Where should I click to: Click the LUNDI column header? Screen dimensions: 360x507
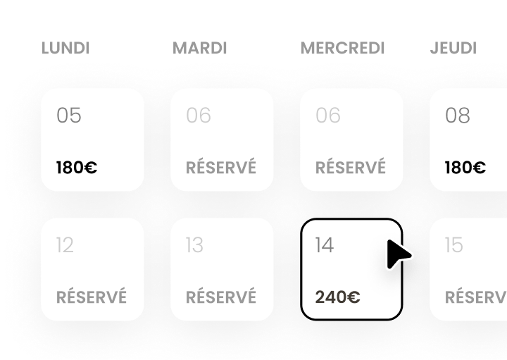[x=65, y=49]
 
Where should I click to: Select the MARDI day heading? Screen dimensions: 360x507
[x=200, y=49]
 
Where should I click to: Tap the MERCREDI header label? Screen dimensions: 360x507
[x=343, y=49]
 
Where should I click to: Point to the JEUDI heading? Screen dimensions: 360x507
[x=453, y=49]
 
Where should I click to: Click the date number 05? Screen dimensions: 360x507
[x=69, y=116]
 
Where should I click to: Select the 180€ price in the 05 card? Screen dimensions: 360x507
[x=77, y=168]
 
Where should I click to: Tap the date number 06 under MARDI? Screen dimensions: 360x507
[x=199, y=116]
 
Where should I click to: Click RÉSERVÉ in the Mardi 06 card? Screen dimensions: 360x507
[x=221, y=168]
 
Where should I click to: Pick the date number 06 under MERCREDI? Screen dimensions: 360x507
[x=328, y=116]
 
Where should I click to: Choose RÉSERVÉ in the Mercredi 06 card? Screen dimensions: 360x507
[x=351, y=168]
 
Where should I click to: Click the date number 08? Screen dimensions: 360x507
[x=458, y=116]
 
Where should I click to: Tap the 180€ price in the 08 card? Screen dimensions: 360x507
[x=465, y=168]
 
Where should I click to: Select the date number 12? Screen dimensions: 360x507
[x=65, y=245]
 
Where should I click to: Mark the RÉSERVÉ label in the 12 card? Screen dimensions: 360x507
[x=92, y=297]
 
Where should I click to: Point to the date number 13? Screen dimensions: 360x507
[x=194, y=245]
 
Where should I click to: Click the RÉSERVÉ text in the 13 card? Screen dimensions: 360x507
[x=221, y=297]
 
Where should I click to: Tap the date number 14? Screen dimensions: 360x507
[x=325, y=245]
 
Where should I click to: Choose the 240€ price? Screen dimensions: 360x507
[x=338, y=297]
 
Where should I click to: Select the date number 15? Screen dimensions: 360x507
[x=454, y=245]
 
